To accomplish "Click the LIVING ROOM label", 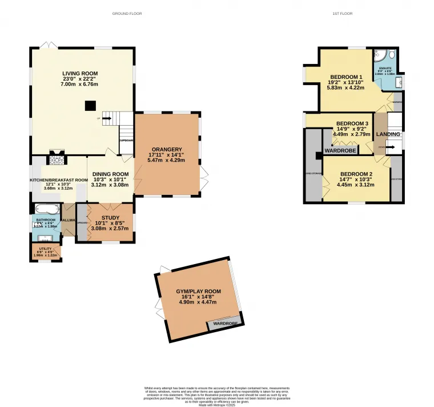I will pyautogui.click(x=80, y=73).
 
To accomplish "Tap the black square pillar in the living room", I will pyautogui.click(x=90, y=105).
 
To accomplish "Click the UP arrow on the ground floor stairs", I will pyautogui.click(x=107, y=119).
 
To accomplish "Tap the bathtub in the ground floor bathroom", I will pyautogui.click(x=46, y=209).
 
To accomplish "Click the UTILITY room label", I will pyautogui.click(x=45, y=249).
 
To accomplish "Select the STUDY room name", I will pyautogui.click(x=111, y=217).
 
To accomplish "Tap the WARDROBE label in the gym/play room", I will pyautogui.click(x=225, y=324).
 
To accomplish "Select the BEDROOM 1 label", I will pyautogui.click(x=346, y=77).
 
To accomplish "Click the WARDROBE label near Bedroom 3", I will pyautogui.click(x=340, y=151).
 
